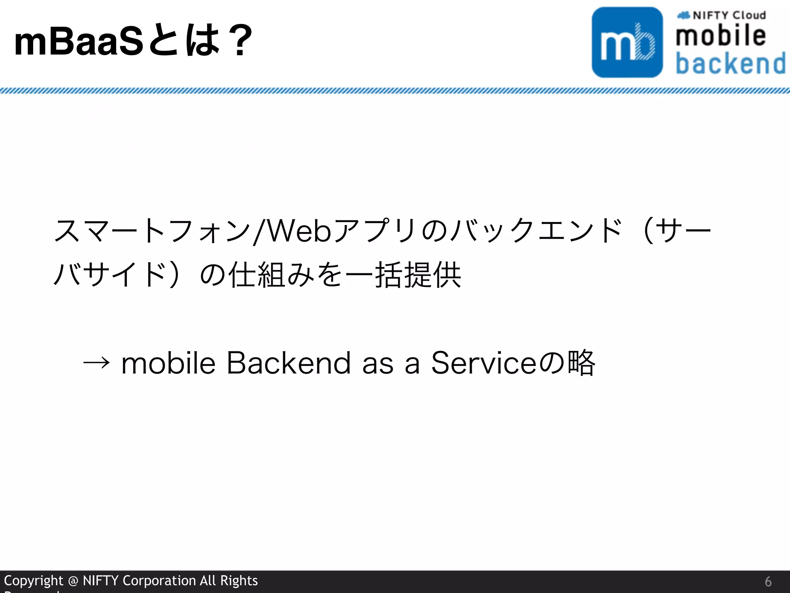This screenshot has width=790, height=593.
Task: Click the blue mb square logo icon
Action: (627, 42)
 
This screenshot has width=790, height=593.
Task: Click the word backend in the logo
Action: (731, 63)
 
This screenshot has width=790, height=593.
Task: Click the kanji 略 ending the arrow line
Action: (582, 363)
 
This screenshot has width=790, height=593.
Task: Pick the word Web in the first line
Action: (299, 231)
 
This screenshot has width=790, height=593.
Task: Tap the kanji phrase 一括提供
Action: (403, 275)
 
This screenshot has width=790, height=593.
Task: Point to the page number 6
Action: (768, 581)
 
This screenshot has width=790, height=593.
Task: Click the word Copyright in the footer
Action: (34, 581)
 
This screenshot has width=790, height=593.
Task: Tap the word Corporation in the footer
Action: (159, 581)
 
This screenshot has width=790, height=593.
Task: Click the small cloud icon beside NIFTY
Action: (684, 15)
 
